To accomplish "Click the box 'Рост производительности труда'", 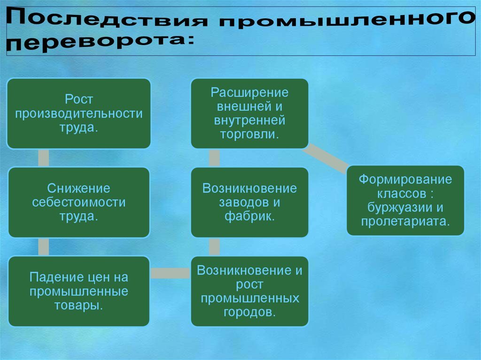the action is (79, 114).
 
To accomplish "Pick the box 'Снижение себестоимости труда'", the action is (79, 202).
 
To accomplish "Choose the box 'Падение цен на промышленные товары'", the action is (79, 291).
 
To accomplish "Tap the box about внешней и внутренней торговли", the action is (250, 114).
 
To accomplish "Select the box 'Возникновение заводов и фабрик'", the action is (250, 202).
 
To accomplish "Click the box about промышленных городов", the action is (250, 291).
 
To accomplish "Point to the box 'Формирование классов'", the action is (405, 200).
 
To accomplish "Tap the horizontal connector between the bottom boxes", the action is (170, 273).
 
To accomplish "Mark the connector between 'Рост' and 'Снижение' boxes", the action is (44, 158).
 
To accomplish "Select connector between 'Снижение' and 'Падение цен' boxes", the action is (44, 247).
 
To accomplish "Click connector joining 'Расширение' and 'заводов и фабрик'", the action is (214, 158).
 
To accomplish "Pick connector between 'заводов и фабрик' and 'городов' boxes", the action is (214, 247).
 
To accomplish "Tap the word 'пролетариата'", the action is (405, 222).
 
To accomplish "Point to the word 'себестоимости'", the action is (79, 202).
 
